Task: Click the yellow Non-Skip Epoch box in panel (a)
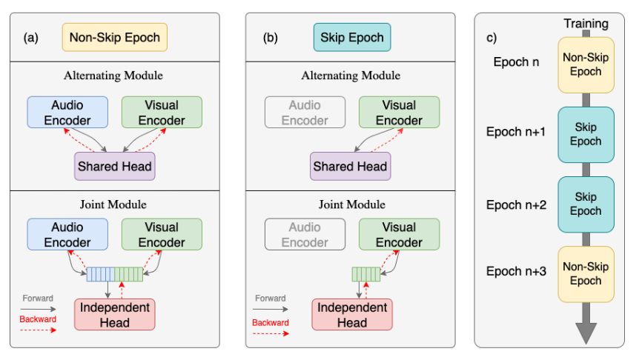point(115,36)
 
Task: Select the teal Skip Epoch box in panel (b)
point(351,36)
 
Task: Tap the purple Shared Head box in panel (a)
point(114,167)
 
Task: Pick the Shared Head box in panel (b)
point(350,167)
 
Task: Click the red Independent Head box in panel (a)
point(114,314)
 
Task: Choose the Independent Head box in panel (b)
point(351,314)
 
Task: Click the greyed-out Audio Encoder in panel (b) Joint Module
point(304,234)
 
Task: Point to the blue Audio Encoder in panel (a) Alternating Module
point(67,112)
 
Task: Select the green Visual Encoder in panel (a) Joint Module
point(162,234)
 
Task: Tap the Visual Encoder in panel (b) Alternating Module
point(399,112)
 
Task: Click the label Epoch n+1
point(516,132)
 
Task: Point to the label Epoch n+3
point(516,271)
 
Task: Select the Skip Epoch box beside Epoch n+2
point(586,204)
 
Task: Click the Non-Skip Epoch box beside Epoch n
point(586,64)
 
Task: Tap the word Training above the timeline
point(586,24)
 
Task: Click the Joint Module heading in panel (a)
point(114,204)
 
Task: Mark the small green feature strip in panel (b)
point(365,275)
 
